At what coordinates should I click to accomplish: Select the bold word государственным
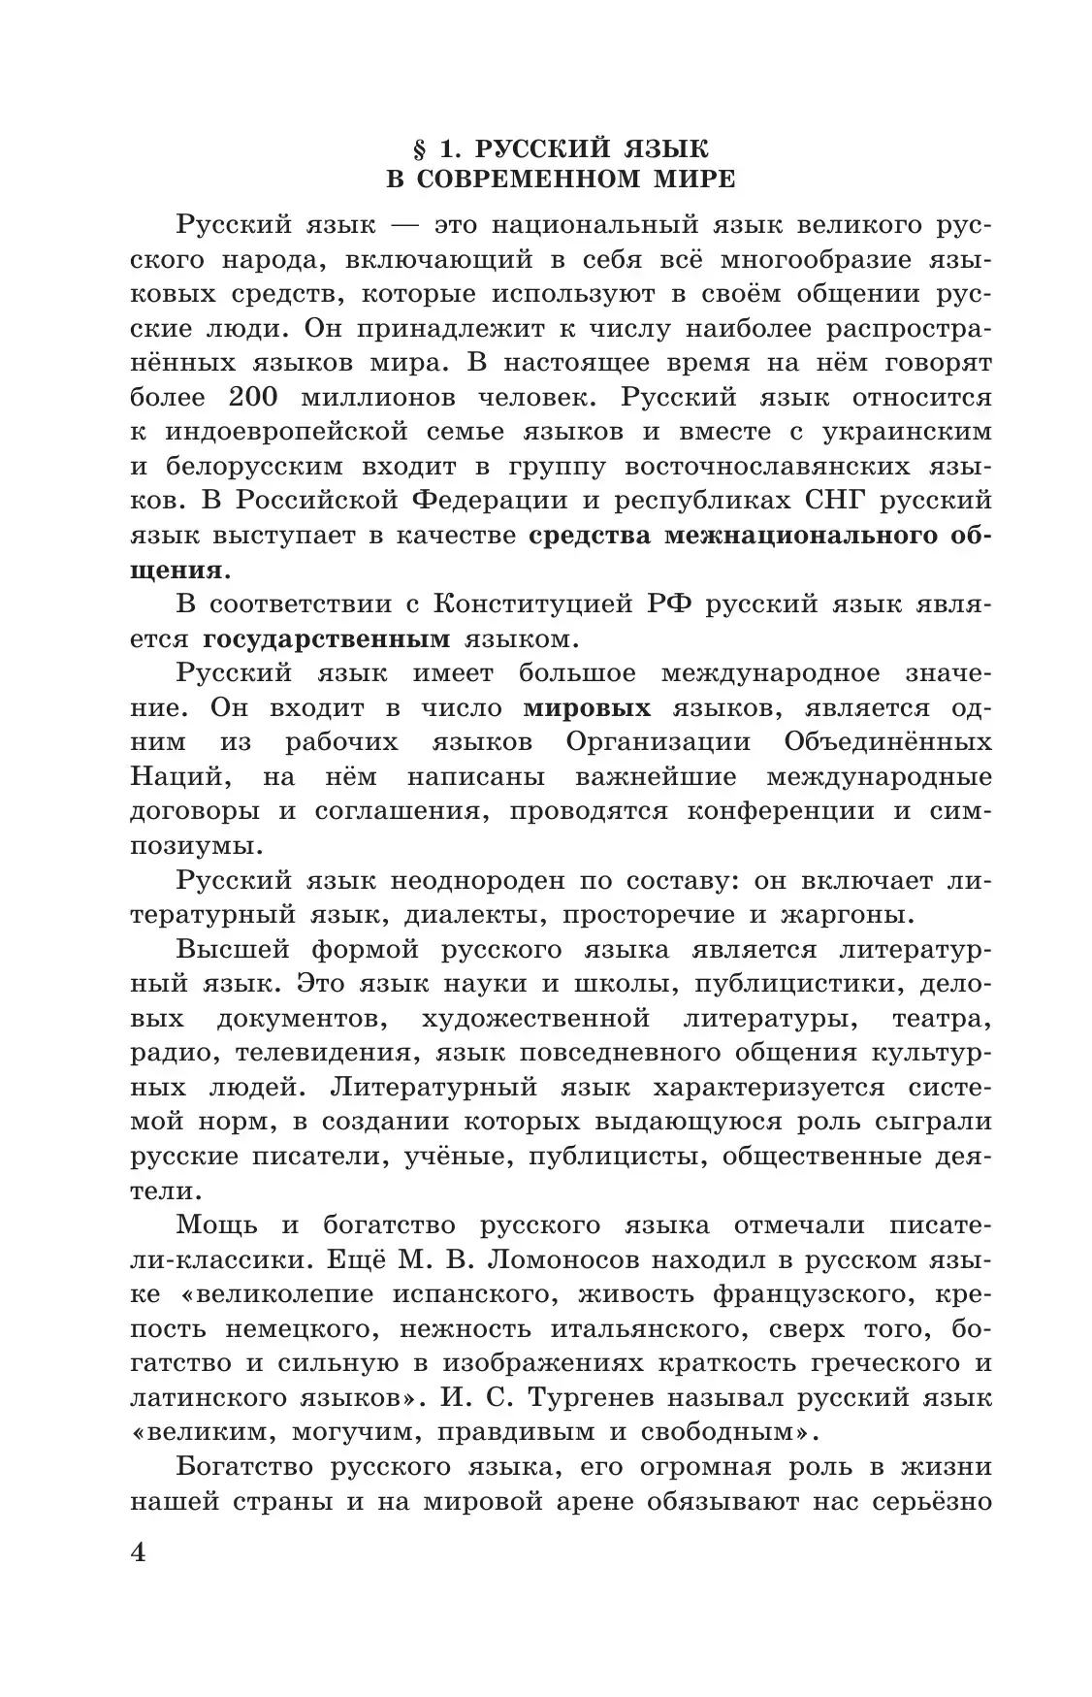(x=327, y=638)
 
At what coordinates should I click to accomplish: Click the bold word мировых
(x=587, y=707)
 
